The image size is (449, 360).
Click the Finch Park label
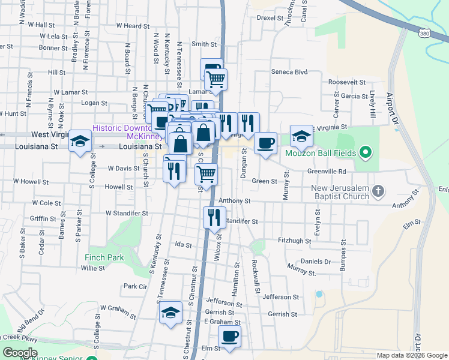(x=104, y=257)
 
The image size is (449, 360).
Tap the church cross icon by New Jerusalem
(x=378, y=192)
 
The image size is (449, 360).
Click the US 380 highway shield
(x=424, y=34)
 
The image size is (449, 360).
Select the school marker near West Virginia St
(x=80, y=142)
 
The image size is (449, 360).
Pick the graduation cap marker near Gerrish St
(x=170, y=313)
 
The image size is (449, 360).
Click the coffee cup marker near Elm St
(x=229, y=336)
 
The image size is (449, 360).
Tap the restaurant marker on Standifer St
(x=214, y=217)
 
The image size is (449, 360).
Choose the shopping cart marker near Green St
(x=206, y=175)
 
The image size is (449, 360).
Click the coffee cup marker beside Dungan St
(x=265, y=143)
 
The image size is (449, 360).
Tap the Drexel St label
(x=270, y=18)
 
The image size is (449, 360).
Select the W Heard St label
(x=133, y=26)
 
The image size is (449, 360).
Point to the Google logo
(x=20, y=353)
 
